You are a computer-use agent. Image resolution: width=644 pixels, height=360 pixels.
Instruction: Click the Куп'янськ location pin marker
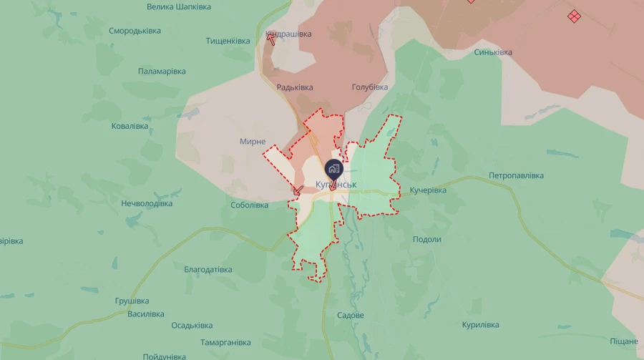coord(333,170)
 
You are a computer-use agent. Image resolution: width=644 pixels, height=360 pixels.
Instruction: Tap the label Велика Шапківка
coord(179,6)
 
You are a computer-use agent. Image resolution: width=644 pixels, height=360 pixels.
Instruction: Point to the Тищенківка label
coord(228,41)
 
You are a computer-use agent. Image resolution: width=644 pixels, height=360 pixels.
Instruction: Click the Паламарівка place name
coord(162,72)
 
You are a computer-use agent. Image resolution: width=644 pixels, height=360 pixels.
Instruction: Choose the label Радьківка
coord(295,87)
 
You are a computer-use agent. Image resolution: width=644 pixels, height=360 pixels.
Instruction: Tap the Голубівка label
coord(370,87)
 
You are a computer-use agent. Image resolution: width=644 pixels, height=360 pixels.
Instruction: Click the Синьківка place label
coord(493,52)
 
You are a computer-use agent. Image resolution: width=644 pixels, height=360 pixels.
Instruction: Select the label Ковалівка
coord(130,126)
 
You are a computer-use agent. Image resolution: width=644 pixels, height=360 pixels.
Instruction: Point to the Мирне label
coord(253,142)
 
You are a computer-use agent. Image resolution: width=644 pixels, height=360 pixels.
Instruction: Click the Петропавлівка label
coord(517,175)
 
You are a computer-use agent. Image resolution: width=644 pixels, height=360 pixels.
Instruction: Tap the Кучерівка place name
coord(428,190)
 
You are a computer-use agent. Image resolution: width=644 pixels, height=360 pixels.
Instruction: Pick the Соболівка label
coord(250,205)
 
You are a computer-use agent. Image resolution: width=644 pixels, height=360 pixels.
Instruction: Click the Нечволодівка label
coord(147,203)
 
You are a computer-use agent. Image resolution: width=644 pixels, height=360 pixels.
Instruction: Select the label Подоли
coord(427,240)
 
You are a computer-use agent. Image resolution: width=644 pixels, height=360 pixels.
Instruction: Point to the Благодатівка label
coord(208,270)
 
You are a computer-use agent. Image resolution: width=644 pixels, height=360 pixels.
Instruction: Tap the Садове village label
coord(351,316)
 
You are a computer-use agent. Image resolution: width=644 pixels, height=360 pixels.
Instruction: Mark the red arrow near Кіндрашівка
coord(271,38)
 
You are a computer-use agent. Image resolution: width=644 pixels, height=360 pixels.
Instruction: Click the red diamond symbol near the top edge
coord(574,16)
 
